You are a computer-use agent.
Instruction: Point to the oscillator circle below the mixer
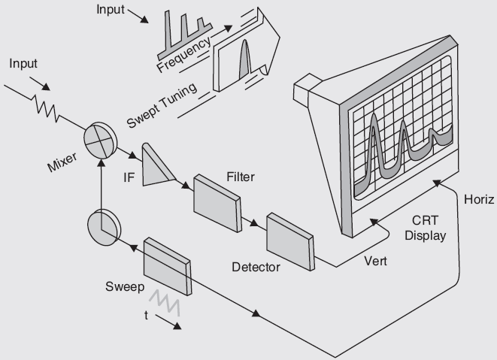click(103, 226)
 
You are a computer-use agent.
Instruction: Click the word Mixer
click(62, 160)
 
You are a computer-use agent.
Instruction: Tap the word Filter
click(240, 177)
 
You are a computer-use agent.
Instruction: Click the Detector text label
click(256, 267)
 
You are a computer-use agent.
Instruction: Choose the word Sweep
click(124, 287)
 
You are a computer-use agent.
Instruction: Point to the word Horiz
click(479, 199)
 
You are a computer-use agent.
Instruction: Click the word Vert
click(375, 262)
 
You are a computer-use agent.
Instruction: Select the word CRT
click(425, 220)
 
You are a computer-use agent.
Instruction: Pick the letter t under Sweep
click(146, 316)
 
